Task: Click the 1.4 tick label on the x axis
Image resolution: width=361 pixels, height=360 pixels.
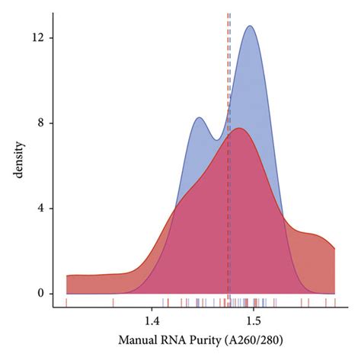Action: [x=152, y=319]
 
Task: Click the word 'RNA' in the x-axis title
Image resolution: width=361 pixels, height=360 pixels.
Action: [x=171, y=342]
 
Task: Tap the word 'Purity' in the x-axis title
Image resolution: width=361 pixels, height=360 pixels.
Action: [x=203, y=342]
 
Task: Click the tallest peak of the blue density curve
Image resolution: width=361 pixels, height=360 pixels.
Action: [x=249, y=26]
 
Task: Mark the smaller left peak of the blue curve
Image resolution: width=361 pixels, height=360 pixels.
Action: [x=199, y=117]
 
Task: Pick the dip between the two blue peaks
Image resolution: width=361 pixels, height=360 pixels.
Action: [x=218, y=139]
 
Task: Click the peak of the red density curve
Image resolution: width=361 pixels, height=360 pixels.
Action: [x=240, y=128]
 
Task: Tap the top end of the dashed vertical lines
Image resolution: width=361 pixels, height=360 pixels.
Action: [x=228, y=14]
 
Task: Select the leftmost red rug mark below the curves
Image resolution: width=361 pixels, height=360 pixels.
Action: [x=67, y=302]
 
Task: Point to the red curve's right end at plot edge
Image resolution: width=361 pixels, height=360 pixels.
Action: [x=334, y=248]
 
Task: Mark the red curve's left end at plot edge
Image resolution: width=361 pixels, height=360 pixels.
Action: [x=67, y=276]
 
